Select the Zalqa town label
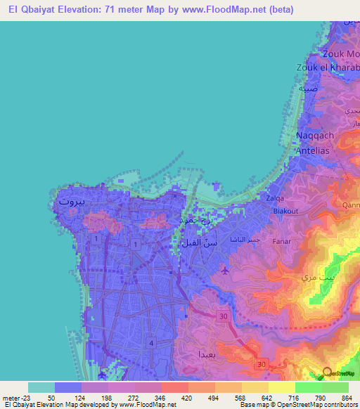[x=275, y=198]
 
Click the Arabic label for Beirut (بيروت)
[x=71, y=201]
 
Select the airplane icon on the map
[x=224, y=270]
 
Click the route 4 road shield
[x=151, y=342]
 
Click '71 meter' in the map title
[x=114, y=10]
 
